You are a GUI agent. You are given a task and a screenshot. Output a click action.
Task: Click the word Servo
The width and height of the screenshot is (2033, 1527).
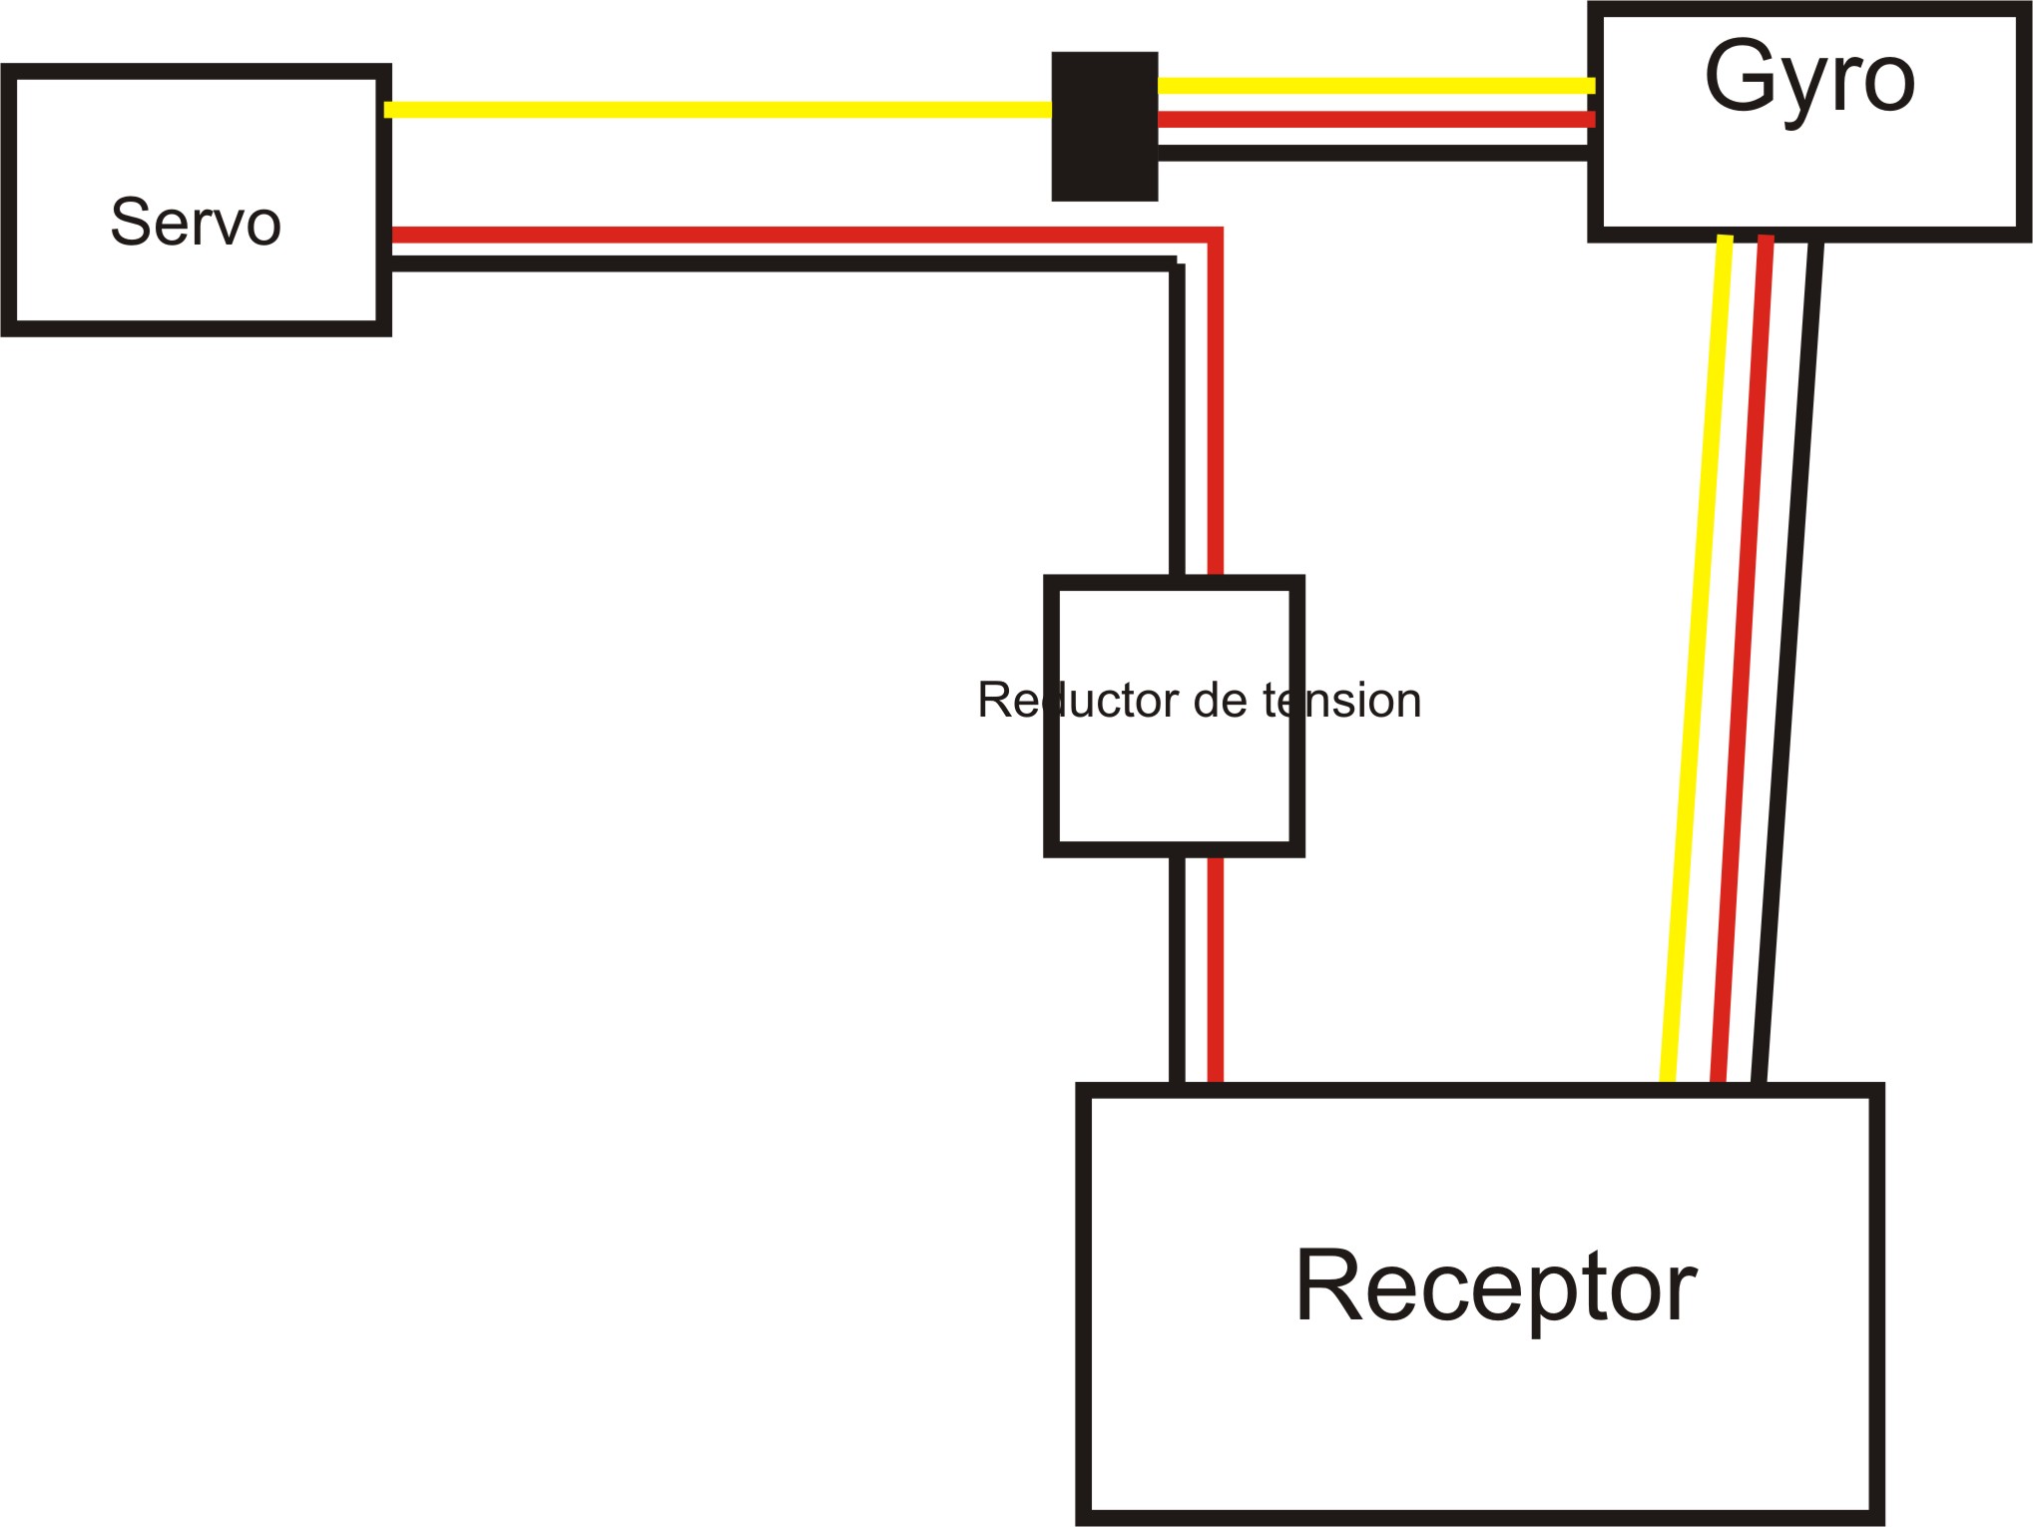(196, 222)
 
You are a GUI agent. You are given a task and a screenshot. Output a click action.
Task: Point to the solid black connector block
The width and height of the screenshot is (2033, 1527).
(1105, 126)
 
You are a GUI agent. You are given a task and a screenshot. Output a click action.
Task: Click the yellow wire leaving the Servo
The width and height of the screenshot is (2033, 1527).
(719, 110)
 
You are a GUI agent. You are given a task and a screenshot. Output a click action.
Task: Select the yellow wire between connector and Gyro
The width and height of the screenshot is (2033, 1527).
(1375, 86)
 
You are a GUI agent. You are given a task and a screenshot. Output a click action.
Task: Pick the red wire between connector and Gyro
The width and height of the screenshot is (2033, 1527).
(1375, 120)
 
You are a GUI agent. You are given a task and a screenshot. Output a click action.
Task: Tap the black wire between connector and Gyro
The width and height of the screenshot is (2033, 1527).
(1375, 153)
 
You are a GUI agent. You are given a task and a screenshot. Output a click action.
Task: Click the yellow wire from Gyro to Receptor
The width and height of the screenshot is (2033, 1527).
(1696, 659)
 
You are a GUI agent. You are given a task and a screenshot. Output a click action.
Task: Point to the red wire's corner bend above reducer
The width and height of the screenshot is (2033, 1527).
(1215, 236)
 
